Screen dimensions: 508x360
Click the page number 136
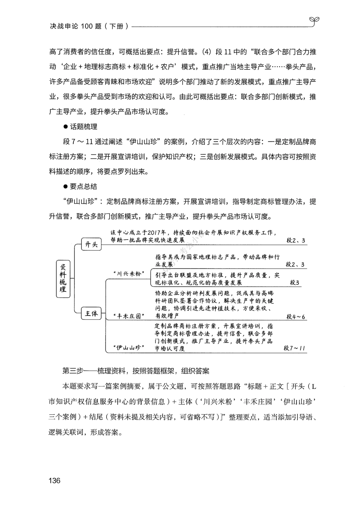[54, 481]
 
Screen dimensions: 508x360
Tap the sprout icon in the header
[313, 21]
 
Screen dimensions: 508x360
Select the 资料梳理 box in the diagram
[63, 278]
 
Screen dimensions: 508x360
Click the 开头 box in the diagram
[91, 245]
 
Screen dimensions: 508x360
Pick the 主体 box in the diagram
[91, 314]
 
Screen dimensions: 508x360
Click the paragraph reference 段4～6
[296, 317]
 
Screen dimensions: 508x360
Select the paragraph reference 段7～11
[294, 348]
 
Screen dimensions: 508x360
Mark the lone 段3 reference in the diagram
[294, 282]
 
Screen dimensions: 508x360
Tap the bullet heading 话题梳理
[84, 127]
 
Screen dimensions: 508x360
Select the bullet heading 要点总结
[84, 187]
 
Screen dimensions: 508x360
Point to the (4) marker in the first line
[206, 52]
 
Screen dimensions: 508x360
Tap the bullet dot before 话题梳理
[66, 127]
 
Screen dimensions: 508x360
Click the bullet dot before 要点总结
[66, 187]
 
